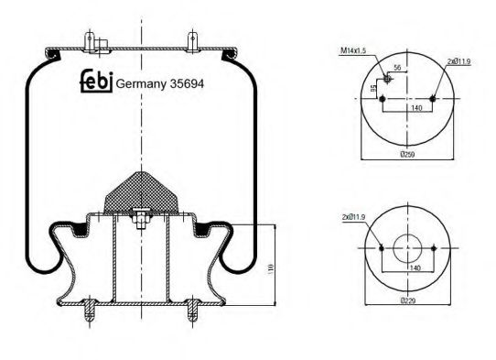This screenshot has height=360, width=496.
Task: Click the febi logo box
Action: (96, 82)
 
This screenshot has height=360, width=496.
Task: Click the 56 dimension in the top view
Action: (397, 68)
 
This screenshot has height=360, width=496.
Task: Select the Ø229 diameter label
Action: (407, 300)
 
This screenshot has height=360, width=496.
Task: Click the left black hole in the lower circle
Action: (382, 250)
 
